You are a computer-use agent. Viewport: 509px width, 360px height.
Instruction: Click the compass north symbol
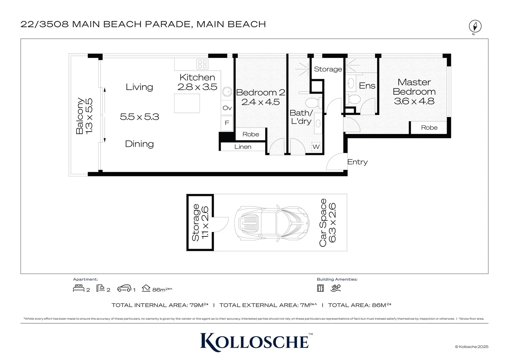(x=475, y=26)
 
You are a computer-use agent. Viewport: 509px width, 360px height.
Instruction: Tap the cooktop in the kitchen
(x=202, y=64)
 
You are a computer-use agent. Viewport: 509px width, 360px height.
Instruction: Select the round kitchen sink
(x=227, y=92)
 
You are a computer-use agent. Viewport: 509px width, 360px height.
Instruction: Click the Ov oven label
(x=227, y=108)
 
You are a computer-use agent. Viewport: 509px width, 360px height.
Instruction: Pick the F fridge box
(x=227, y=123)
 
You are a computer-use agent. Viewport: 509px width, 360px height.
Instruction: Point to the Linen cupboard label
(x=243, y=147)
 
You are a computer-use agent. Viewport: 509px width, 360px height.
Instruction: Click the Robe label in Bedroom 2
(x=251, y=134)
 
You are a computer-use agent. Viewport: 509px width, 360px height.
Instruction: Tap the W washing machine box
(x=316, y=147)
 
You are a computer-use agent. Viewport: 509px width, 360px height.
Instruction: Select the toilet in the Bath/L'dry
(x=313, y=103)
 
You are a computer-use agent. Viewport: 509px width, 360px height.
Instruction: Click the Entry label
(x=357, y=162)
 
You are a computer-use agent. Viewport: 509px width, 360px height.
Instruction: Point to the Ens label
(x=367, y=86)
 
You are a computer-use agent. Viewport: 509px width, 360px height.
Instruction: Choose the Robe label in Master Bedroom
(x=429, y=128)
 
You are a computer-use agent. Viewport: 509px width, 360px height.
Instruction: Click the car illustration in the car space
(x=272, y=223)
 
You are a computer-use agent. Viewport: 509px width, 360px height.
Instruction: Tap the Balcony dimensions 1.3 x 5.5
(x=89, y=116)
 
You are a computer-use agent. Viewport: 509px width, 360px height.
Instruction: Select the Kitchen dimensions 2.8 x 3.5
(x=197, y=87)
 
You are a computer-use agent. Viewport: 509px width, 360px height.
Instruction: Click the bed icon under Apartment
(x=79, y=288)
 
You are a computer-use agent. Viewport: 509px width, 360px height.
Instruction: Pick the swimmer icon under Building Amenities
(x=336, y=288)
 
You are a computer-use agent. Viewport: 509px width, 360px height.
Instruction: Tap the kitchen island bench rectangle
(x=187, y=103)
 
